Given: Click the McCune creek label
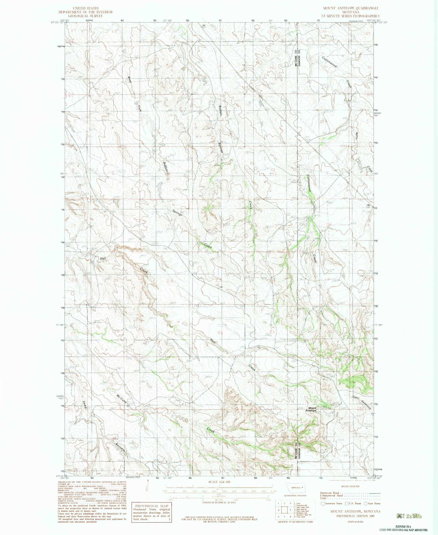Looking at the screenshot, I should pyautogui.click(x=122, y=399).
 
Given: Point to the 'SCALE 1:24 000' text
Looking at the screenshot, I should pyautogui.click(x=219, y=482).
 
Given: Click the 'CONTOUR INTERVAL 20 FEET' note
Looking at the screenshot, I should pyautogui.click(x=219, y=502).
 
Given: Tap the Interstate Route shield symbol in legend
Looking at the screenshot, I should pyautogui.click(x=323, y=503).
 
